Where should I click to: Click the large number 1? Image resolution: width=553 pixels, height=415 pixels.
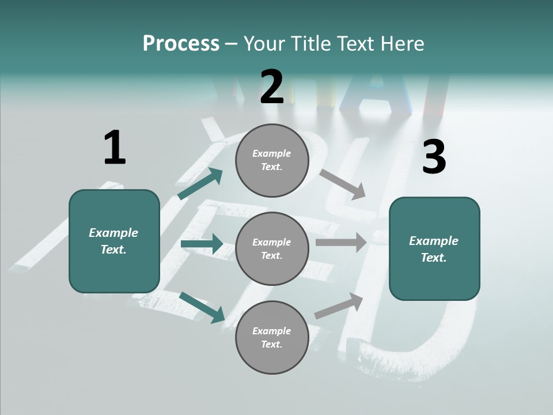click(x=115, y=148)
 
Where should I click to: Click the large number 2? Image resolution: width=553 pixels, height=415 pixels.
click(x=272, y=87)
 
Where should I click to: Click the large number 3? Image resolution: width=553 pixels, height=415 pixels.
click(x=434, y=157)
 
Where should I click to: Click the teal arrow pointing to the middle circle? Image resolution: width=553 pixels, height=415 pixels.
click(x=202, y=244)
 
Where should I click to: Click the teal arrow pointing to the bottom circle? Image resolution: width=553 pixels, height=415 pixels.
click(x=202, y=307)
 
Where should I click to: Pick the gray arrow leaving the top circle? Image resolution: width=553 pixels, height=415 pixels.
click(x=342, y=184)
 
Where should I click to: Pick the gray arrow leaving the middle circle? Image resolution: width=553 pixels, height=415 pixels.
click(x=340, y=243)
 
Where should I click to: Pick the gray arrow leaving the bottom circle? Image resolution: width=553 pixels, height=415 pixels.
click(x=339, y=305)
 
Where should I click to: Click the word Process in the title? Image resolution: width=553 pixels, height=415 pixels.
click(x=181, y=43)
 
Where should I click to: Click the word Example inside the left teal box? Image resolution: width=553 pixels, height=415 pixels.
click(x=113, y=232)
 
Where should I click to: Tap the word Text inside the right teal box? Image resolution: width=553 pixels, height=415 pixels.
click(x=433, y=258)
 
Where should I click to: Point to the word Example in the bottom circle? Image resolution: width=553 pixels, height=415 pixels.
click(x=271, y=331)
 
